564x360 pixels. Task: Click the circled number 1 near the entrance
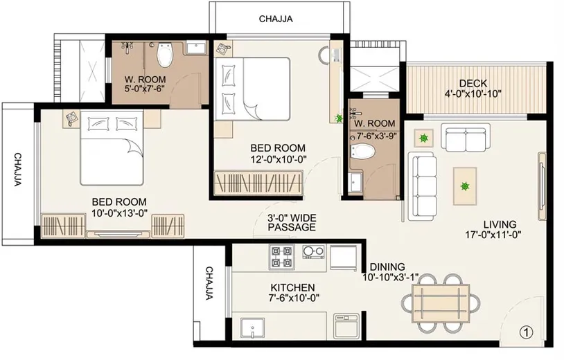(527, 332)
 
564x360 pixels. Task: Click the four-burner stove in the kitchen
(281, 258)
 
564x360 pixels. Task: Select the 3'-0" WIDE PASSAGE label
(292, 222)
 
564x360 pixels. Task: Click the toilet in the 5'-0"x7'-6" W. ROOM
(165, 53)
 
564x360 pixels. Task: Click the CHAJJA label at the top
(276, 19)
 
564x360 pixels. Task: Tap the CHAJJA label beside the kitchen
(209, 284)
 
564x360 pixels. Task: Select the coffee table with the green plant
(464, 186)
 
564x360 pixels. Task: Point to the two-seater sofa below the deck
(464, 139)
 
